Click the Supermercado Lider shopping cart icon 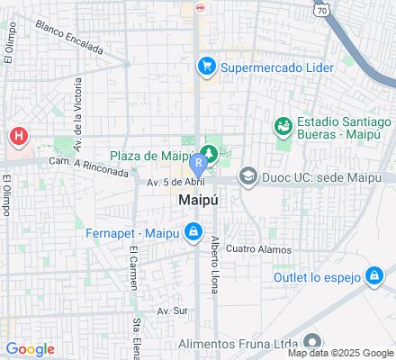(207, 66)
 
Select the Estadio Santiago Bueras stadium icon (283, 126)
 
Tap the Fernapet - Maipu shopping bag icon (193, 233)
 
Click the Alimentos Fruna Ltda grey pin (312, 341)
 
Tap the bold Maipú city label (197, 199)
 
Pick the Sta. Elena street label (138, 332)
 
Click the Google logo (30, 349)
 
